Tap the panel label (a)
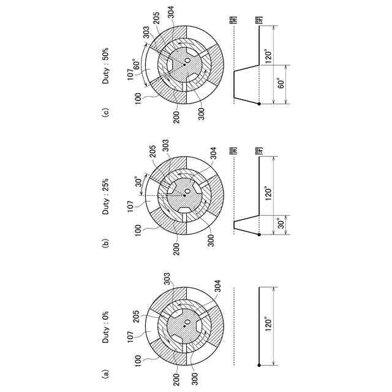106,371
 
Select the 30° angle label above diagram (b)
140,184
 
